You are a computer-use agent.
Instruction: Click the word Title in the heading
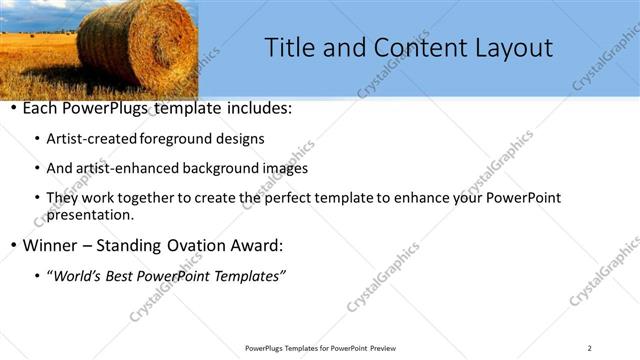pos(290,47)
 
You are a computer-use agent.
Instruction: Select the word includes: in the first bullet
pos(256,108)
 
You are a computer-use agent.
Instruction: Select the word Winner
pos(50,245)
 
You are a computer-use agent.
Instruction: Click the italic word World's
pos(79,275)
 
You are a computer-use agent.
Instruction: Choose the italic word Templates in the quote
pos(249,275)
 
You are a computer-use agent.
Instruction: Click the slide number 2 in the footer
pos(589,348)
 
